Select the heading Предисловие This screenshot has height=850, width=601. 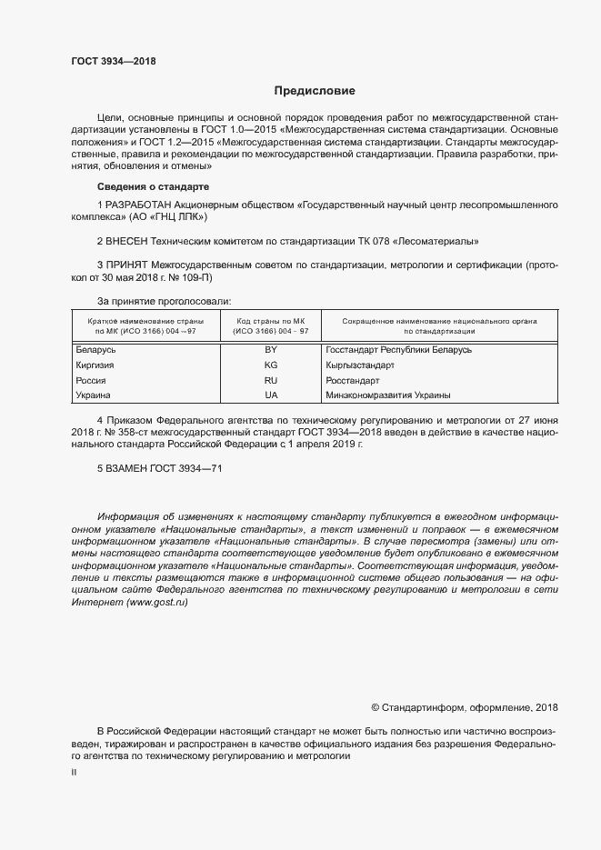point(315,91)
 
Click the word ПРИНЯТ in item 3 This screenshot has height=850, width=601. point(130,265)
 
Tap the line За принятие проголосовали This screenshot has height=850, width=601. point(164,300)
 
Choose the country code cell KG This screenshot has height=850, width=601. point(270,365)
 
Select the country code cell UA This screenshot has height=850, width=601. point(270,395)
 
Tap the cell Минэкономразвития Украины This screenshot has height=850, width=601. point(387,395)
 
